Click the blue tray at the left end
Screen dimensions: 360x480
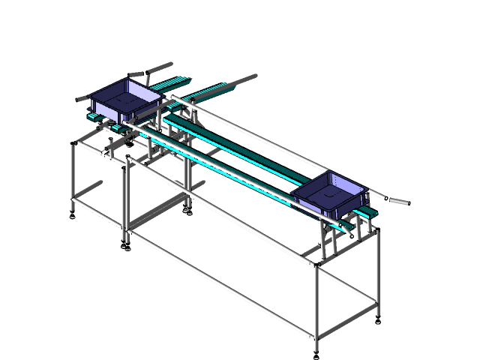click(x=124, y=101)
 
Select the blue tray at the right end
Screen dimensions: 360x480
click(x=330, y=193)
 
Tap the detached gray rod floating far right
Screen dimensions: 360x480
click(x=399, y=201)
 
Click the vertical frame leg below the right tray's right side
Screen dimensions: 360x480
click(x=376, y=270)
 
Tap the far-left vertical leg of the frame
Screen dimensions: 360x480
click(x=73, y=176)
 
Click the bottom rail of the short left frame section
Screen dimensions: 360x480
click(x=97, y=214)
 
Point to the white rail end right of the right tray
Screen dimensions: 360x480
click(x=379, y=196)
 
